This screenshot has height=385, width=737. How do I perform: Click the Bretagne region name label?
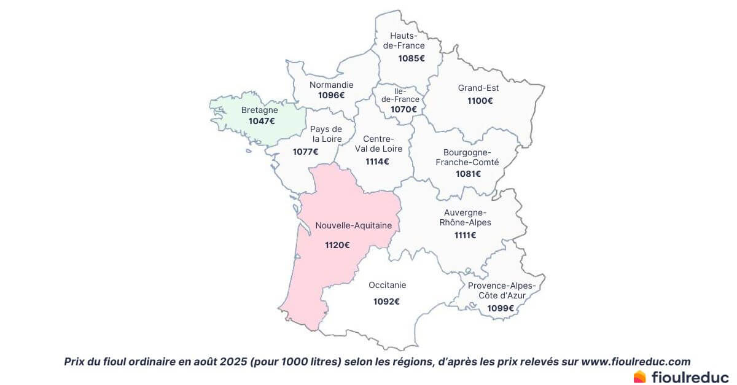259,111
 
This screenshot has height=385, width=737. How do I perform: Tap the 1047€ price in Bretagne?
262,121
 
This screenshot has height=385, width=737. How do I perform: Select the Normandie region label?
332,85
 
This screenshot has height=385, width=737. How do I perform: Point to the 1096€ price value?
332,95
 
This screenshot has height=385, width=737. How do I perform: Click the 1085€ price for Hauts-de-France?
411,58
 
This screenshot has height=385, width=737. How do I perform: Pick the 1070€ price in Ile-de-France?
404,109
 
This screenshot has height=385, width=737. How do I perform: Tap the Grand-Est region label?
478,88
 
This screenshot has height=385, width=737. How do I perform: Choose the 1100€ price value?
480,101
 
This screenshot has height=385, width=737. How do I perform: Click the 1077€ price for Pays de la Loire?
306,152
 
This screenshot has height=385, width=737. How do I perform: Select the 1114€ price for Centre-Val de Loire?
377,161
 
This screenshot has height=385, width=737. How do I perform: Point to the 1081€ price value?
468,174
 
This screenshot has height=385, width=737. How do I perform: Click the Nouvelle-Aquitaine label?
354,226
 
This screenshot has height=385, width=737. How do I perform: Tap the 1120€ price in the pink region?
338,245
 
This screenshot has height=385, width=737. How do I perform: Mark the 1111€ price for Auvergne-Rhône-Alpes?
466,235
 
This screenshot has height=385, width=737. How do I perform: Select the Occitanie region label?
388,285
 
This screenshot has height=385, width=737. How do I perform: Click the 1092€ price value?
386,301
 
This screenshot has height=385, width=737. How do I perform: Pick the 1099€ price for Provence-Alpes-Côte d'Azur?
501,308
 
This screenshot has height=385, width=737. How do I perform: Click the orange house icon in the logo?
640,376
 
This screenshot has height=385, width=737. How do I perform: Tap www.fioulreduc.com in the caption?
636,362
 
